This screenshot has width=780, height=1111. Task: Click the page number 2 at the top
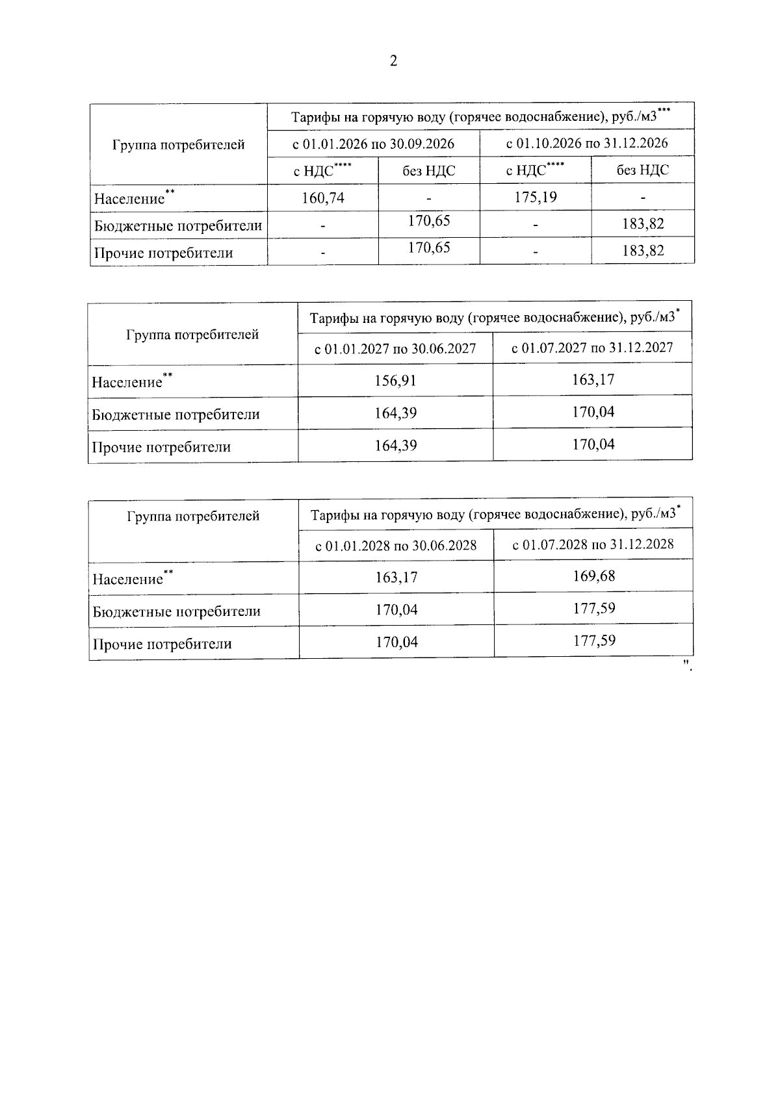[393, 61]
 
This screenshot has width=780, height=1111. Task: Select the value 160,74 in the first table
[323, 198]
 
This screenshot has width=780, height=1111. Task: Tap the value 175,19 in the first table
[536, 197]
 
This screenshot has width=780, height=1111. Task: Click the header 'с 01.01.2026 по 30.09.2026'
[373, 144]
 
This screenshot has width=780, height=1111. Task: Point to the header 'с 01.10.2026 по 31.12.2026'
[587, 142]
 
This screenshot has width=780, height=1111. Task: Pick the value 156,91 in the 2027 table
[395, 381]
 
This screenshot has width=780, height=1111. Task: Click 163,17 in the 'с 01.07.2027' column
[593, 379]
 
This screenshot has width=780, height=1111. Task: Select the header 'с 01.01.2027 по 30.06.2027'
[395, 349]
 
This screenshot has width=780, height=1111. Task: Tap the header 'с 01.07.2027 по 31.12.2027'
[592, 348]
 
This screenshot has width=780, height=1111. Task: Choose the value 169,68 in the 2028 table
[594, 576]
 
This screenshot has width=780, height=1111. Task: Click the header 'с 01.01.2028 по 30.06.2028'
[396, 546]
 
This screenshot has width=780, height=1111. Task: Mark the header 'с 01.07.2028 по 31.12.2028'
[593, 544]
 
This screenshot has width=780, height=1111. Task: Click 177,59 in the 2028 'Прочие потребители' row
[594, 641]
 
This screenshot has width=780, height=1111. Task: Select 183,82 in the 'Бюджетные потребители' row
[643, 224]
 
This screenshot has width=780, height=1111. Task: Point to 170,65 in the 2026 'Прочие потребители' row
[429, 248]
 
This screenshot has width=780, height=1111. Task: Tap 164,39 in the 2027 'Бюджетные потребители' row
[395, 413]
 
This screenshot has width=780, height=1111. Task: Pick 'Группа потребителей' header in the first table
[178, 144]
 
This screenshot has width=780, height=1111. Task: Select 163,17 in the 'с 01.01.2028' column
[396, 577]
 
